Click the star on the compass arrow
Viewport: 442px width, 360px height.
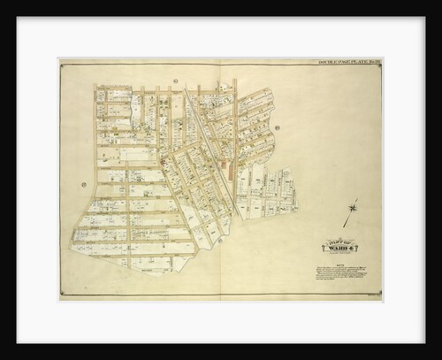pyautogui.click(x=353, y=209)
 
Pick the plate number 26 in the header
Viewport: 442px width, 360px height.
pyautogui.click(x=374, y=64)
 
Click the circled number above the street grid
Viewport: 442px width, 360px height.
pyautogui.click(x=176, y=81)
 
